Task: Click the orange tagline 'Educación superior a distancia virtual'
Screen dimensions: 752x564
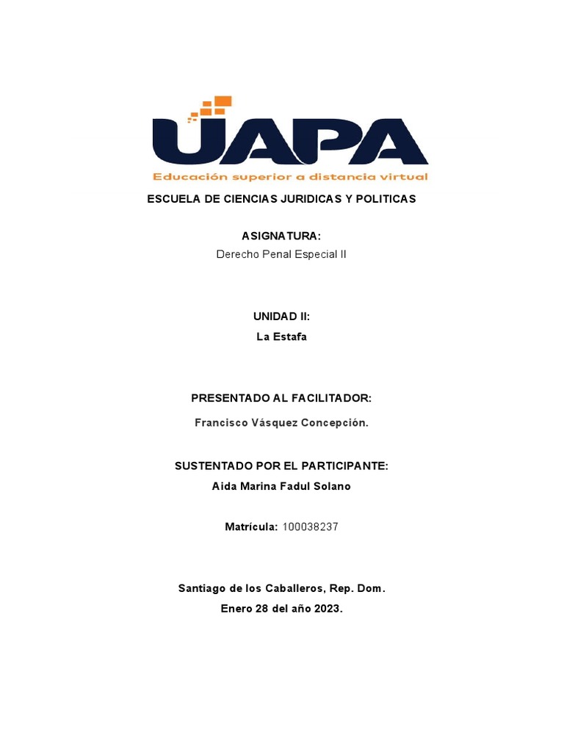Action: tap(289, 177)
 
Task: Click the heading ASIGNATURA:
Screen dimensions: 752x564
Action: tap(281, 236)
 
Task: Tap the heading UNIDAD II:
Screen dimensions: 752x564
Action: tap(281, 317)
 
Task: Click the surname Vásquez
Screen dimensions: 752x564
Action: tap(272, 423)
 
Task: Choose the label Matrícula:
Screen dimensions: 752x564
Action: tap(250, 527)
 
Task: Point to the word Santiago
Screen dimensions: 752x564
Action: tap(202, 589)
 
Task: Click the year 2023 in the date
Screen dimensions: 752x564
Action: tap(328, 609)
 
